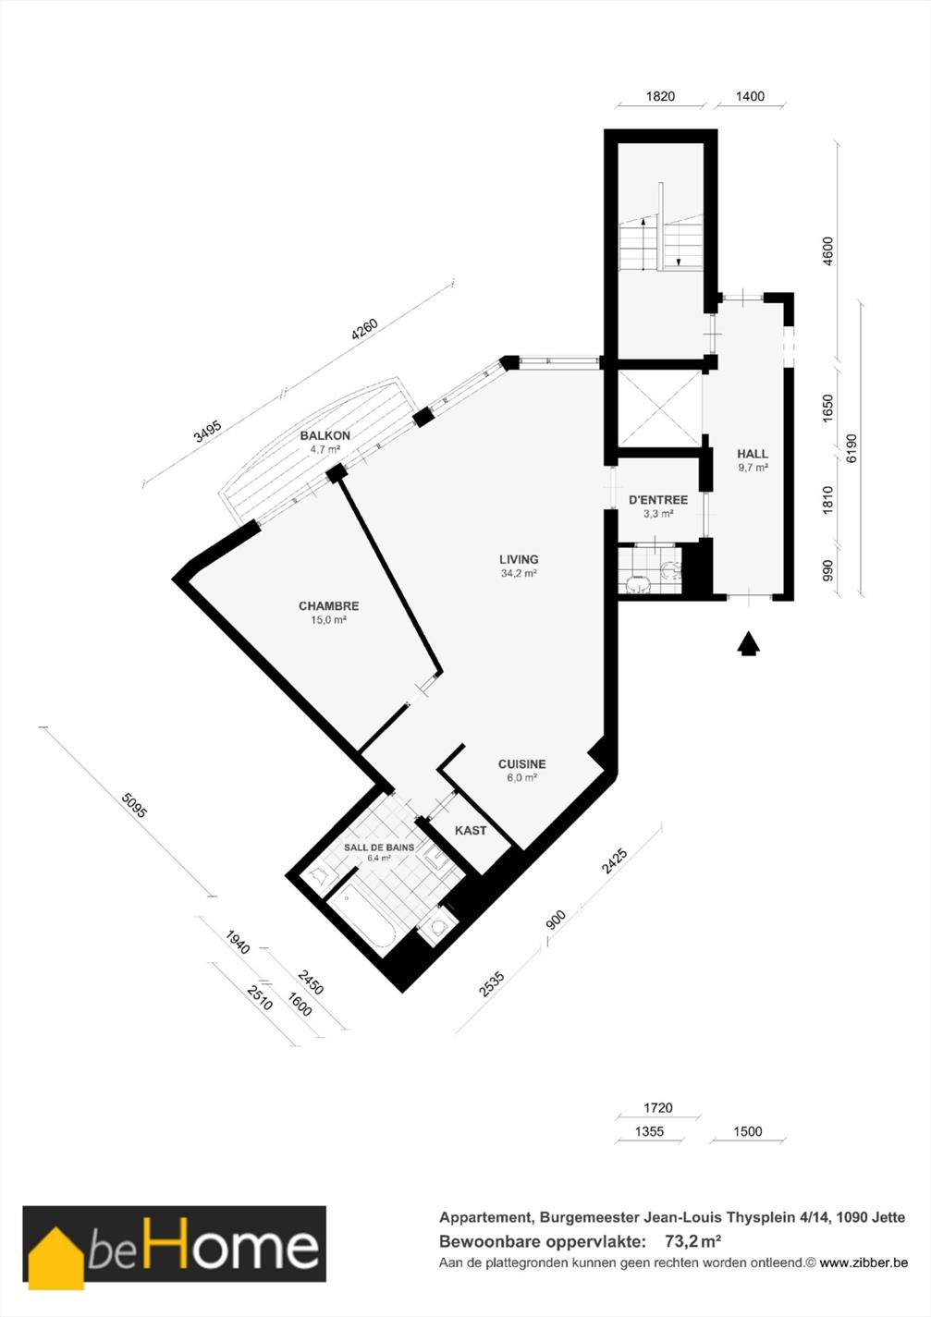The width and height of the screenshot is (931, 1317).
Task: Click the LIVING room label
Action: [x=519, y=559]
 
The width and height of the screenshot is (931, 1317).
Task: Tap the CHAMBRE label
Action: [x=329, y=605]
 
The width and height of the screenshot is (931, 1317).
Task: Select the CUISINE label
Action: [x=521, y=763]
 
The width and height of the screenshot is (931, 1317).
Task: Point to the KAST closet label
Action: [x=471, y=830]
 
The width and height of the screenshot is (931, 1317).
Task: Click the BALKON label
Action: [x=325, y=435]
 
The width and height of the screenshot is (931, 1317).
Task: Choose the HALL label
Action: [x=753, y=454]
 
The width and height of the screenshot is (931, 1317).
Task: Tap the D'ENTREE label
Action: [x=658, y=500]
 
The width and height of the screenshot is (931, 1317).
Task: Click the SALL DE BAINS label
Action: [x=379, y=848]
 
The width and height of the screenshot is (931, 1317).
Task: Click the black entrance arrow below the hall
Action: [x=748, y=644]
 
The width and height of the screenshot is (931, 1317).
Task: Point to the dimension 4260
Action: [x=364, y=330]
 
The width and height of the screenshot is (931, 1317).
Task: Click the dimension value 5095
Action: [x=133, y=806]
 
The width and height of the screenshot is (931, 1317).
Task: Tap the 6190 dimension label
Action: [x=851, y=448]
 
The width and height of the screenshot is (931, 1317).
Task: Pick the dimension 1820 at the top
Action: [x=660, y=96]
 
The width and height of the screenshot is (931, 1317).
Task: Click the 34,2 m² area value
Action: [x=519, y=573]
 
